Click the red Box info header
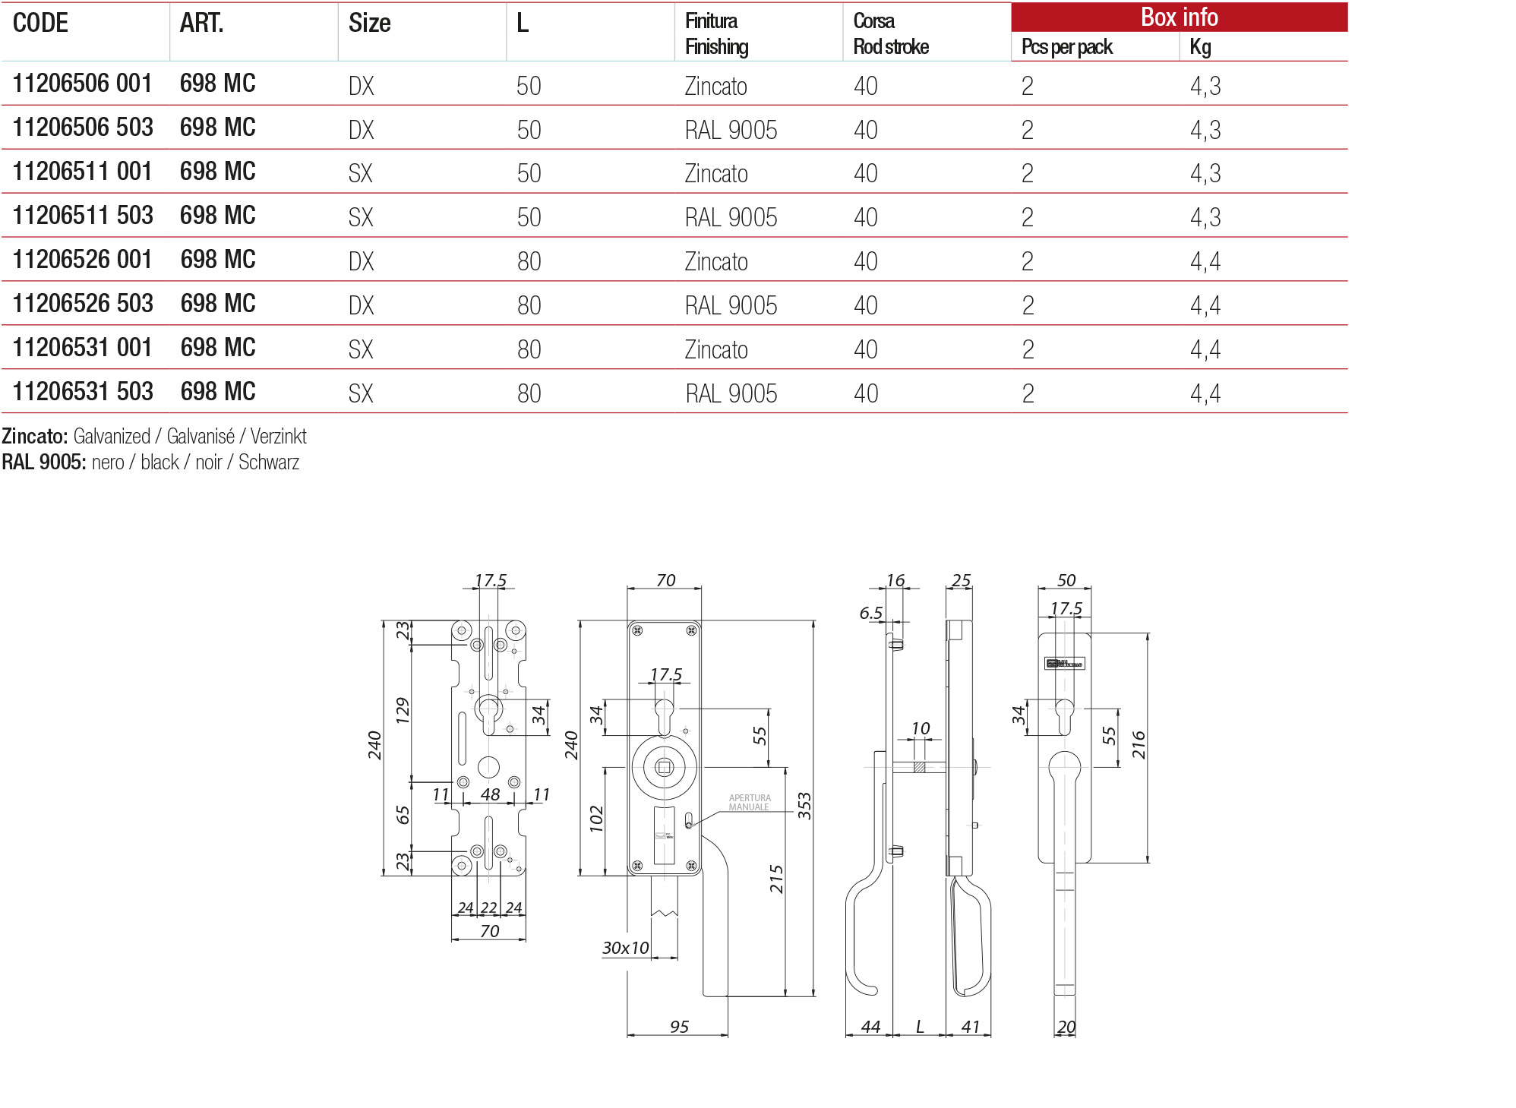pos(1179,17)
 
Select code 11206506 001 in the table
pos(82,84)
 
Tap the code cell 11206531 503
pos(83,392)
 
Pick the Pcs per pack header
pos(1066,47)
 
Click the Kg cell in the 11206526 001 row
pos(1205,262)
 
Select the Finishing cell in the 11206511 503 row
pos(731,218)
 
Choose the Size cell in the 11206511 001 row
pos(361,174)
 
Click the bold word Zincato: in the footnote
pos(35,437)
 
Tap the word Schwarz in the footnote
pos(269,462)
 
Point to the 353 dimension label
pos(804,806)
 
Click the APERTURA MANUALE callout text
pos(749,803)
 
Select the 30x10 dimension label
pos(625,948)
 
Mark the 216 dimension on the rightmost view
pos(1138,745)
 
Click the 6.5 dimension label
pos(870,614)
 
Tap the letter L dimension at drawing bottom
pos(920,1027)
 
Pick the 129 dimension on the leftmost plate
pos(403,710)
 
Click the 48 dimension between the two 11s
pos(490,794)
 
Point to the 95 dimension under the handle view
pos(679,1027)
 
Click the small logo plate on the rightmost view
pos(1064,664)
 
